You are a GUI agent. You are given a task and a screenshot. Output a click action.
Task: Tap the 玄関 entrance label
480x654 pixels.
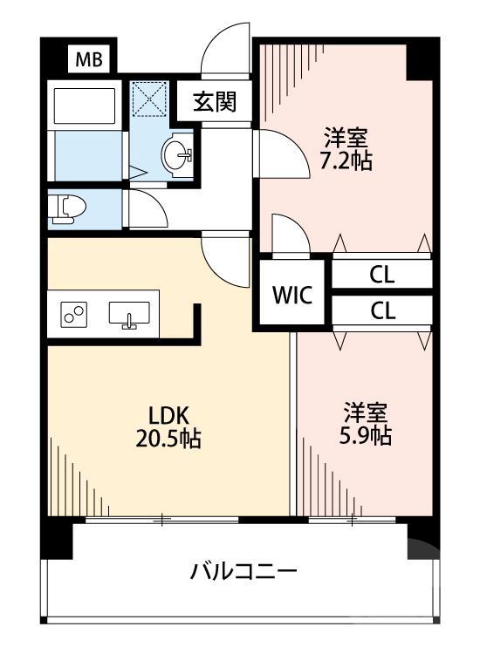pos(215,103)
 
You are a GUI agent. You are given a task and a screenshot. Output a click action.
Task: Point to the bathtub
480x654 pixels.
pos(86,106)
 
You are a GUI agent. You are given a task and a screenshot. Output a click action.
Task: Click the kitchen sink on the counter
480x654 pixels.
pos(129,314)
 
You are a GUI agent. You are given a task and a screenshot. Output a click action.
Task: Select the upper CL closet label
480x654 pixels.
pos(381,276)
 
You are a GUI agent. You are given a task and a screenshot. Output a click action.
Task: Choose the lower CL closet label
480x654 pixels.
pos(381,311)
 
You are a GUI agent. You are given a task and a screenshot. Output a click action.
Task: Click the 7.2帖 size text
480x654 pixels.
pos(346,160)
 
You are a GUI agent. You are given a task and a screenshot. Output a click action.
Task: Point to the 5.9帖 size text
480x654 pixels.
pos(366,435)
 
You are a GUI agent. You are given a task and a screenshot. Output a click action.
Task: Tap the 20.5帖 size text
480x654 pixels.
pos(168,439)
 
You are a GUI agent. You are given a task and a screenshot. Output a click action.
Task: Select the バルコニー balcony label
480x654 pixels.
pos(244,572)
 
